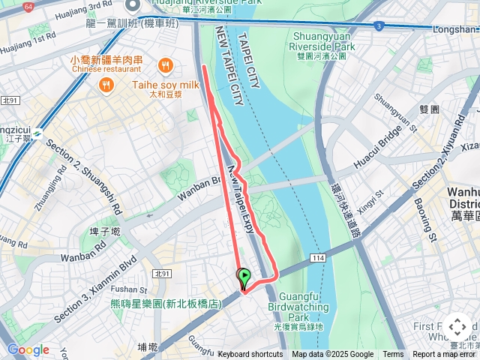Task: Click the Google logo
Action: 28,349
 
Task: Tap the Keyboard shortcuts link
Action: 250,355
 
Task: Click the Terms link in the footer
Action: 393,355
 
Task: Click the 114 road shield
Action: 319,257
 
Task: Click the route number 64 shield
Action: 28,7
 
